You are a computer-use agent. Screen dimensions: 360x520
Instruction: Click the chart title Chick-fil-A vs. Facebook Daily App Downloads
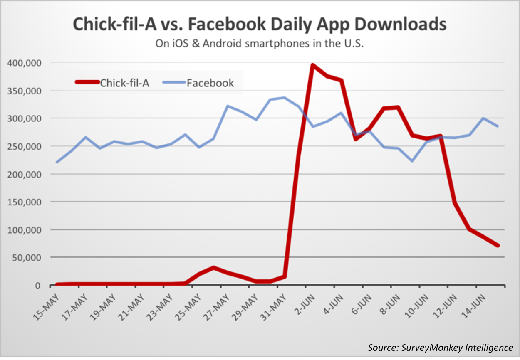click(260, 25)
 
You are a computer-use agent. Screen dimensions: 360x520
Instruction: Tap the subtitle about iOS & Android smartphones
click(260, 43)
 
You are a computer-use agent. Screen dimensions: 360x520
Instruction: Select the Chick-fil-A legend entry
click(113, 83)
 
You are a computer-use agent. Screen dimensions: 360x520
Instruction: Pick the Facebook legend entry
click(200, 83)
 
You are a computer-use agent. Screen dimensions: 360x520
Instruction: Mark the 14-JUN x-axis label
click(473, 304)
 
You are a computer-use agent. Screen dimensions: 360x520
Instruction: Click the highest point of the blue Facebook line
click(284, 98)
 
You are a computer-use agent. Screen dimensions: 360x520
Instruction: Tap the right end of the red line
click(498, 246)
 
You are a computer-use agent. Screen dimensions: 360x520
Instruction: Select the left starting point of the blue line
click(57, 162)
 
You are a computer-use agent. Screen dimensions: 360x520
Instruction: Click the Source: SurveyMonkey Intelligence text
click(440, 348)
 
